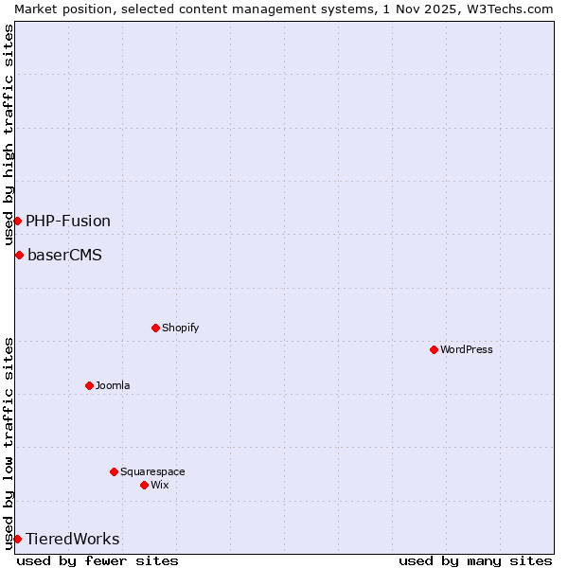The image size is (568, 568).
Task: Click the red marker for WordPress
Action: coord(434,349)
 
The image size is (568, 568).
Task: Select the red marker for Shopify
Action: coord(155,328)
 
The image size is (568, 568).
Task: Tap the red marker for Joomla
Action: coord(89,385)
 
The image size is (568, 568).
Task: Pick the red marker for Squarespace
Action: coord(114,471)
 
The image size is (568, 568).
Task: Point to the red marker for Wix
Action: coord(144,485)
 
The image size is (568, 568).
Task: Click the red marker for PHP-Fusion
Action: coord(17,221)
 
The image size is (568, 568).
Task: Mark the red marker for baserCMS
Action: coord(19,255)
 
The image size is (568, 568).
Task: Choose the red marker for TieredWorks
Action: coord(17,539)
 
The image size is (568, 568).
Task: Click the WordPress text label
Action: coord(467,349)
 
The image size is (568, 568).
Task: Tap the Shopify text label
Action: coord(180,328)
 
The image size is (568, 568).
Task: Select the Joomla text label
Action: coord(113,385)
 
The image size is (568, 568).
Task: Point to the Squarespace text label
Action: coord(152,471)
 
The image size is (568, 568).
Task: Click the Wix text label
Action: coord(159,485)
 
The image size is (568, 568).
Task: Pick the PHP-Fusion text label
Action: coord(68,221)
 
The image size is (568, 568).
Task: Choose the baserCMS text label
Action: coord(64,255)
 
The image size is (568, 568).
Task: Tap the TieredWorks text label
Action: coord(73,539)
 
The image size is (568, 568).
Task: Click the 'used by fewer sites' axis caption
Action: coord(98,560)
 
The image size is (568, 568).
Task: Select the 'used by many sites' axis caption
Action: coord(475,560)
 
